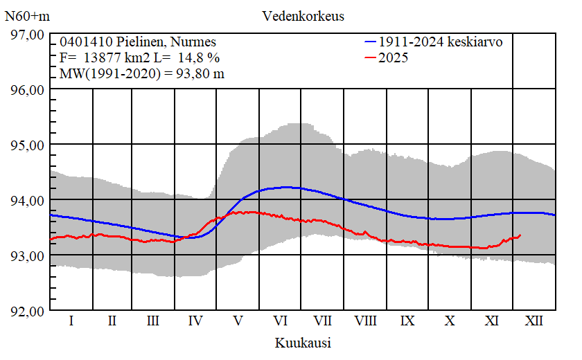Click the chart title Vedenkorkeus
tap(303, 15)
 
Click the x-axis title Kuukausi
tap(303, 343)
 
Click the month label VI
tap(281, 321)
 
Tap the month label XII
tap(534, 321)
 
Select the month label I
tap(71, 321)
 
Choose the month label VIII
tap(365, 321)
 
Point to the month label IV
tap(196, 321)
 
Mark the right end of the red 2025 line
tap(520, 235)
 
